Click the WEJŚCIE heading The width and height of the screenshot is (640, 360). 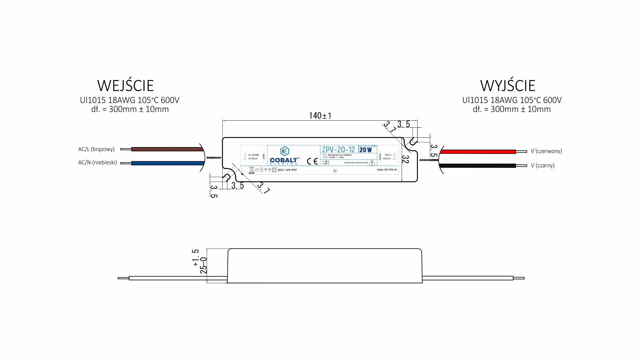(x=125, y=86)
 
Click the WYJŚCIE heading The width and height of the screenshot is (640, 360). (x=508, y=86)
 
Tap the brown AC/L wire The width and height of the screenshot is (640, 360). (x=167, y=149)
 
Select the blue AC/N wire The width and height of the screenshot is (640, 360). (x=167, y=163)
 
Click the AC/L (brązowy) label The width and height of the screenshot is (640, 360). (x=96, y=149)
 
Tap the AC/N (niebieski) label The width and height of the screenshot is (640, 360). (x=97, y=163)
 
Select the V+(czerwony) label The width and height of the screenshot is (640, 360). (x=546, y=151)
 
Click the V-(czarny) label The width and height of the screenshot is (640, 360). (x=542, y=165)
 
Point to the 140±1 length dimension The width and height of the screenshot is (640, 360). (x=320, y=116)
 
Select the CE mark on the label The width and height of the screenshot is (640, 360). (x=312, y=161)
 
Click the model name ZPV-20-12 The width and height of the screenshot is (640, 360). (x=338, y=150)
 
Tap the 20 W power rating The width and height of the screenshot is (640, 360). (x=366, y=150)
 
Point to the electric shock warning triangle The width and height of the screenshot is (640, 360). (x=372, y=162)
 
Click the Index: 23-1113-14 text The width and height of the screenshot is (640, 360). (x=387, y=170)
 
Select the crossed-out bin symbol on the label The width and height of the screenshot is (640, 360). (x=252, y=170)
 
